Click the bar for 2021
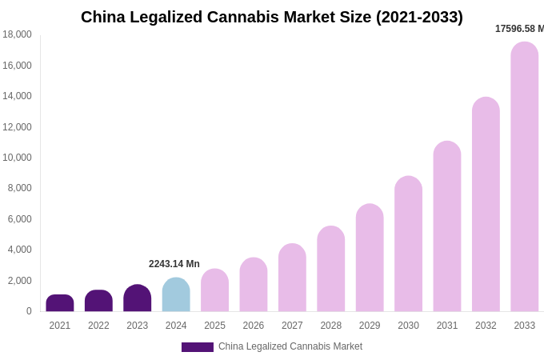pyautogui.click(x=60, y=303)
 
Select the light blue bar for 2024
pyautogui.click(x=176, y=295)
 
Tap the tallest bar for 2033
pyautogui.click(x=525, y=177)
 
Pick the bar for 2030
pyautogui.click(x=408, y=244)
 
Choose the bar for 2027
pyautogui.click(x=292, y=278)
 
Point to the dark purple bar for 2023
pyautogui.click(x=138, y=298)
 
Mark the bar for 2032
pyautogui.click(x=486, y=204)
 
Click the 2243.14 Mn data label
pyautogui.click(x=174, y=264)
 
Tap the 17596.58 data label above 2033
pyautogui.click(x=519, y=29)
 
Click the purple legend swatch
pyautogui.click(x=197, y=347)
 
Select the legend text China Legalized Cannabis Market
pyautogui.click(x=290, y=346)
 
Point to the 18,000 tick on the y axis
pyautogui.click(x=17, y=34)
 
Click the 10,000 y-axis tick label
pyautogui.click(x=17, y=158)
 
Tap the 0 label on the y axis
pyautogui.click(x=29, y=311)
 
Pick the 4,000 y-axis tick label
pyautogui.click(x=19, y=250)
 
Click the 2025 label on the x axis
pyautogui.click(x=214, y=326)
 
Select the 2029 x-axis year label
pyautogui.click(x=370, y=326)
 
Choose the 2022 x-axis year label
pyautogui.click(x=98, y=326)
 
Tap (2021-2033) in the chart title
pyautogui.click(x=420, y=17)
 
